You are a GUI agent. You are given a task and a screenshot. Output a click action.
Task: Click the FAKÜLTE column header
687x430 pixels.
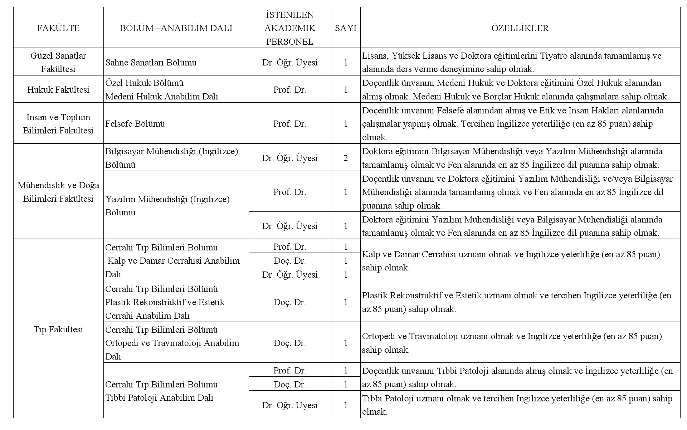tap(58, 28)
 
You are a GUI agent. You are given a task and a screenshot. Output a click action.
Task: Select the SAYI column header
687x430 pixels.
tap(346, 28)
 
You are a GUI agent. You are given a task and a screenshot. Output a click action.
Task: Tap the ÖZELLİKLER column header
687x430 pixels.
tap(520, 28)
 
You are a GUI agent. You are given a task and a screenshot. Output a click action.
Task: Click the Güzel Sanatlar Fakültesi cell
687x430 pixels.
tap(58, 62)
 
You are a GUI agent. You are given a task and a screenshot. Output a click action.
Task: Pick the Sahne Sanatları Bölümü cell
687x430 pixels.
tap(151, 63)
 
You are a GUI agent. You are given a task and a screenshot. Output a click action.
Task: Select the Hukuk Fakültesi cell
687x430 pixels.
tap(58, 90)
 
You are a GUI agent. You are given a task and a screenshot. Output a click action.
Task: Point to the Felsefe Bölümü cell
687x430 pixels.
tap(135, 124)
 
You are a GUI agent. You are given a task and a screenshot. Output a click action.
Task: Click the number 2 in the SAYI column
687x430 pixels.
tap(346, 158)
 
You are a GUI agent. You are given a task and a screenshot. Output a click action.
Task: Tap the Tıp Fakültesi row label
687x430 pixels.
tap(58, 329)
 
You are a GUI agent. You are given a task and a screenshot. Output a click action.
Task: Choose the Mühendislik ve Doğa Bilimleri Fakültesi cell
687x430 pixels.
tap(58, 192)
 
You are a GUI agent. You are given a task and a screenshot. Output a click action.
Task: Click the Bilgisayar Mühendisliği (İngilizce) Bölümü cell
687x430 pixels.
tap(172, 158)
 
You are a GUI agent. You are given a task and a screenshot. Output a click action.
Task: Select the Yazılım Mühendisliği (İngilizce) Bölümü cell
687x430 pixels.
tap(167, 206)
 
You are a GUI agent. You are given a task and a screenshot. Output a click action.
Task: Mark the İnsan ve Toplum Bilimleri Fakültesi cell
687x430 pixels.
tap(58, 124)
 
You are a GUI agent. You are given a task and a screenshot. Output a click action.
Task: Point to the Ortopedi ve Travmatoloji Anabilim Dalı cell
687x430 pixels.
tap(172, 343)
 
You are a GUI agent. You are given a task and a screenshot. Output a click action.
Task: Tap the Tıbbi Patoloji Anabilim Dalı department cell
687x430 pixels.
tap(162, 391)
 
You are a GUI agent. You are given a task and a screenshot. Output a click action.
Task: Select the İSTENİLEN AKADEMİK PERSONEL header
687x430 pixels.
tap(290, 28)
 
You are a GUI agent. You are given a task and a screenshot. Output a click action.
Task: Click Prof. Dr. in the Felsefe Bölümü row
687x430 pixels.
tap(290, 124)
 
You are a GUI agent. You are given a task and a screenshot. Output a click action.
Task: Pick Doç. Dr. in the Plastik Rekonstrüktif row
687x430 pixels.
tap(290, 302)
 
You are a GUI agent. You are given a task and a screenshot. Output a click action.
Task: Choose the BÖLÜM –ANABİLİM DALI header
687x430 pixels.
tap(176, 28)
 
